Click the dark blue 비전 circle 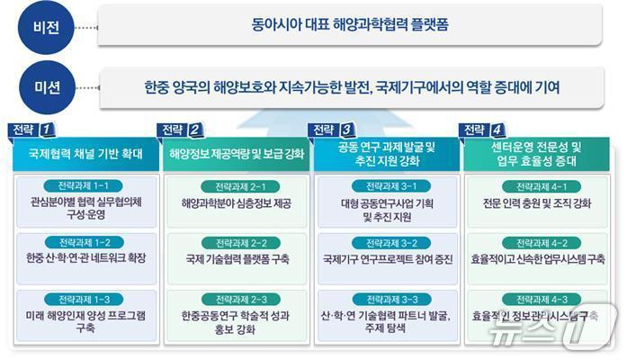pyautogui.click(x=40, y=27)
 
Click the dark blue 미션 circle pyautogui.click(x=40, y=87)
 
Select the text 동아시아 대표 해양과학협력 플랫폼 pyautogui.click(x=350, y=26)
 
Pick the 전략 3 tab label pyautogui.click(x=329, y=130)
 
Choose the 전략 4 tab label pyautogui.click(x=480, y=130)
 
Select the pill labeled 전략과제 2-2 pyautogui.click(x=235, y=242)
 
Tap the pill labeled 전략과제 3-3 pyautogui.click(x=386, y=298)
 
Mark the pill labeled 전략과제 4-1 pyautogui.click(x=537, y=185)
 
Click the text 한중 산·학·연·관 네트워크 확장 pyautogui.click(x=86, y=258)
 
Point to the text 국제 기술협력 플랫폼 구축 pyautogui.click(x=237, y=258)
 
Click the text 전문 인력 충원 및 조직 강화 pyautogui.click(x=537, y=202)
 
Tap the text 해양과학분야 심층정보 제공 pyautogui.click(x=237, y=202)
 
